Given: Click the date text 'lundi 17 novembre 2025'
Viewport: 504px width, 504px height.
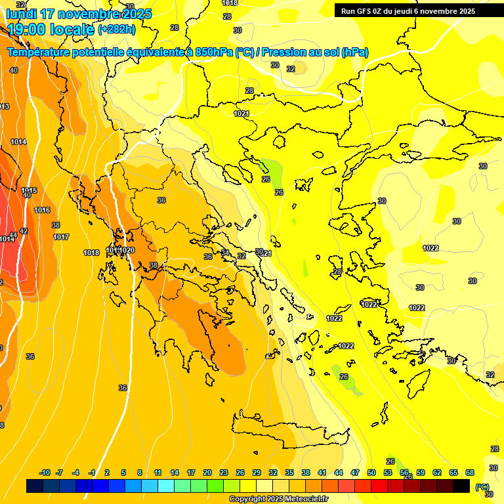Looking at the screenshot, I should tap(79, 14).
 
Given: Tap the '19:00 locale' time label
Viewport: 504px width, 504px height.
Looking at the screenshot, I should tap(51, 30).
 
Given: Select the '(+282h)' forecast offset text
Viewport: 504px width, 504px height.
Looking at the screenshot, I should tap(117, 30).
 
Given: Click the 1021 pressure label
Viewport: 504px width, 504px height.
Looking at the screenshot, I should tap(241, 114).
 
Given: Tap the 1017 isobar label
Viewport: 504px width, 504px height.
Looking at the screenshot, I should tap(61, 237).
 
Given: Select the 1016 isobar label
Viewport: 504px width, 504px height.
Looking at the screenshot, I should tap(42, 210).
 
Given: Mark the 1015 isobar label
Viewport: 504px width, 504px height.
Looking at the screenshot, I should tap(29, 190).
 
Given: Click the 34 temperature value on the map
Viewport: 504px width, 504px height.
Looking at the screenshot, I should tap(225, 253).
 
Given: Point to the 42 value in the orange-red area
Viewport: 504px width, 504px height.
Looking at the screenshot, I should tap(24, 231).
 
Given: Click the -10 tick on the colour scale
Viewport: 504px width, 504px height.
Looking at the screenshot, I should tap(45, 472).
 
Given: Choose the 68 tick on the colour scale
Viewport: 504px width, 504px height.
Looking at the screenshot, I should tap(470, 472).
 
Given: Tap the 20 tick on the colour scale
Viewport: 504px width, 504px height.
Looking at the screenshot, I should tap(207, 472).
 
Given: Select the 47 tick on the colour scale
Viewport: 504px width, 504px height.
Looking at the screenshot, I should tap(355, 472).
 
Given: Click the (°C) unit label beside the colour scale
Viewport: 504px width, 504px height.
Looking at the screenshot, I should tap(482, 487).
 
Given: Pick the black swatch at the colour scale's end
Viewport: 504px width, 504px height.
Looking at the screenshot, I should tap(462, 486).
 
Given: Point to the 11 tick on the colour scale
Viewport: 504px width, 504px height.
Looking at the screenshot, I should tap(158, 472).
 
